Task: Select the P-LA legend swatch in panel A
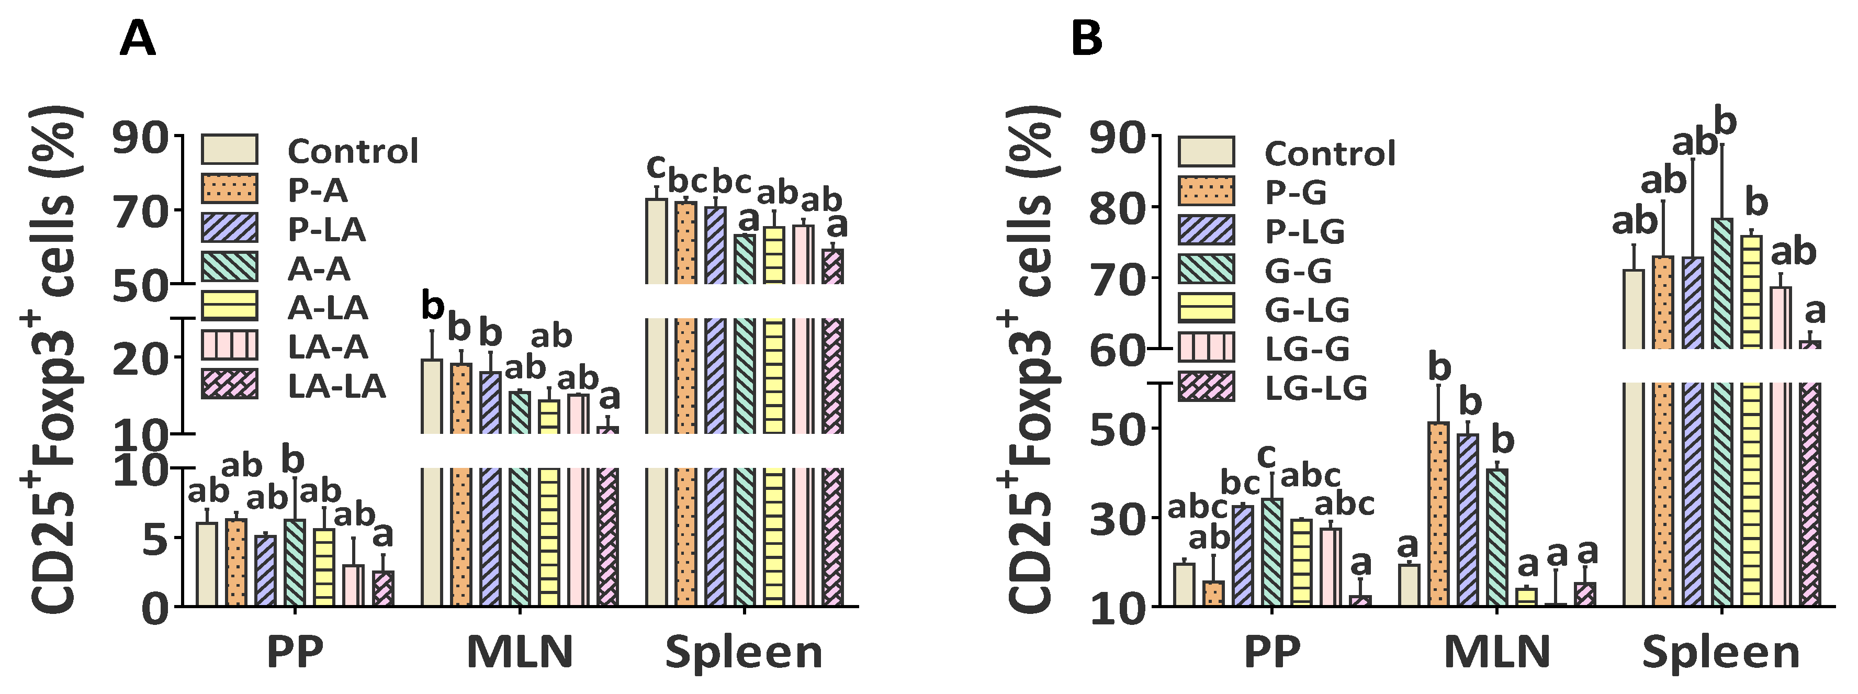point(229,228)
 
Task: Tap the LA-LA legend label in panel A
point(337,387)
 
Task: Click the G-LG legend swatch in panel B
point(1206,308)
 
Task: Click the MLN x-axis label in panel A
point(520,652)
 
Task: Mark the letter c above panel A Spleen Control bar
point(656,166)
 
